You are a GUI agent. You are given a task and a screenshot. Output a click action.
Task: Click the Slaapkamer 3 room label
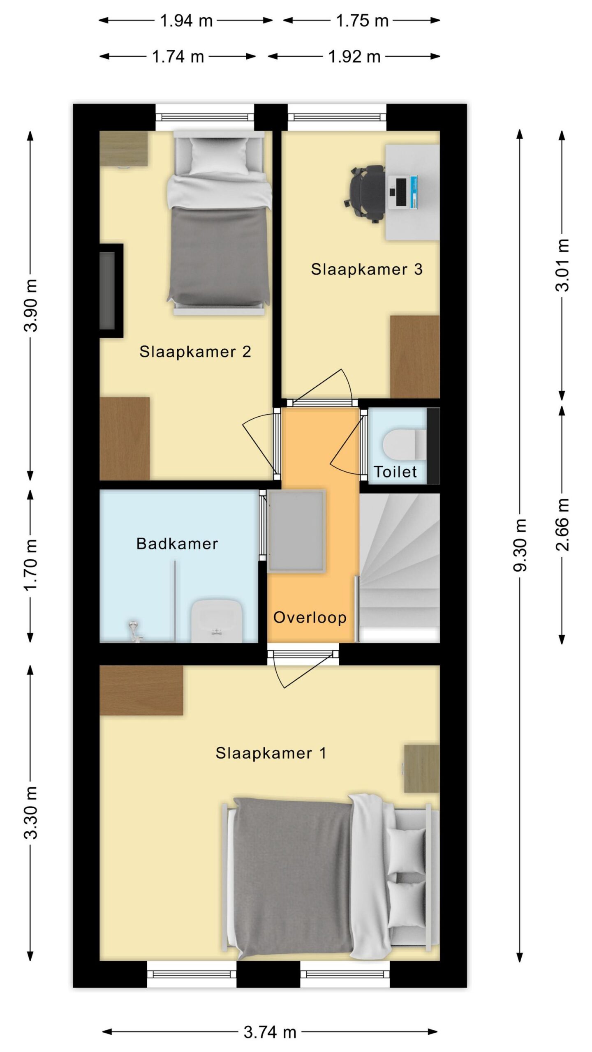pyautogui.click(x=366, y=270)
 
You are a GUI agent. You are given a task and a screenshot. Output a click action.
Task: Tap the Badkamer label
pyautogui.click(x=177, y=544)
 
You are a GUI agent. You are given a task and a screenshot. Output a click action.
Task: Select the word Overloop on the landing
pyautogui.click(x=310, y=617)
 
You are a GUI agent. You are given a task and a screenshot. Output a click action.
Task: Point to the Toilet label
pyautogui.click(x=395, y=472)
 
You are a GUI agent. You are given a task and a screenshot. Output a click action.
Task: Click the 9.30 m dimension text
pyautogui.click(x=520, y=545)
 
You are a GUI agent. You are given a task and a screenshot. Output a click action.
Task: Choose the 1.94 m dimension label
pyautogui.click(x=186, y=21)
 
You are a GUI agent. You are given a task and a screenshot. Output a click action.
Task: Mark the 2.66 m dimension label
pyautogui.click(x=562, y=524)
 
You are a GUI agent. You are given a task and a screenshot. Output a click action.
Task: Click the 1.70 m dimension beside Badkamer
pyautogui.click(x=30, y=565)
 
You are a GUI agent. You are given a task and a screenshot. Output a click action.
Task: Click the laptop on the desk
pyautogui.click(x=402, y=191)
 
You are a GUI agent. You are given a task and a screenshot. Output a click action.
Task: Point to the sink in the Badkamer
pyautogui.click(x=217, y=621)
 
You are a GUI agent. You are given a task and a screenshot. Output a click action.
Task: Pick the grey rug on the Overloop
pyautogui.click(x=296, y=531)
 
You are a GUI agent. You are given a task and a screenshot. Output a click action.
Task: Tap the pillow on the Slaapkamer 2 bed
pyautogui.click(x=218, y=156)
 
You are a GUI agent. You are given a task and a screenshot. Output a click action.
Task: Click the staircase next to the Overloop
pyautogui.click(x=399, y=568)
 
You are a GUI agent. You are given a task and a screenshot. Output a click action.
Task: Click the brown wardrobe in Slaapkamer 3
pyautogui.click(x=415, y=357)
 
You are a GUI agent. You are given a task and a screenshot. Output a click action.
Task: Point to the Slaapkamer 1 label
pyautogui.click(x=271, y=753)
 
